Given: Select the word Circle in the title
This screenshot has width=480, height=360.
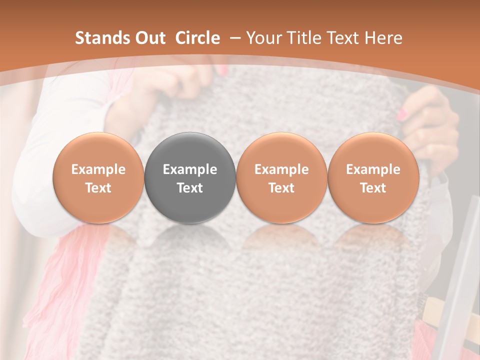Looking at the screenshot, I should pos(197,38).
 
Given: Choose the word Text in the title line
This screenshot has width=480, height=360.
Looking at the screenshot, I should pos(343,38).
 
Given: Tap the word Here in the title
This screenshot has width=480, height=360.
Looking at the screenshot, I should pos(383,38).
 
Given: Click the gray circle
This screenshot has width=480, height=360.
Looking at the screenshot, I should pos(190,177).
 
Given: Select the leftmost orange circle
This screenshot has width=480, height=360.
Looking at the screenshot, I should pos(98,177).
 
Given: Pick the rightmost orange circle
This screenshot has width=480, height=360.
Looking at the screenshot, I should pos(373,177).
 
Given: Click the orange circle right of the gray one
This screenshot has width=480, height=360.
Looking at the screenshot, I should pos(281,177).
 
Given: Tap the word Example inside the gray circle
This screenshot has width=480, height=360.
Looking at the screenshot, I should pos(190,169).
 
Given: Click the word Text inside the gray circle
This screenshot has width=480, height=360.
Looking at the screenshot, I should pos(190,187).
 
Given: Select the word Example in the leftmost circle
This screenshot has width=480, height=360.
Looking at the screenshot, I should pos(98,169).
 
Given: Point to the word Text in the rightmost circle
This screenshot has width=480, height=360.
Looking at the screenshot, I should pos(373,187).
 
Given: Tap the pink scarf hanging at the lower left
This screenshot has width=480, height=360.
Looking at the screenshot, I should pos(50,280).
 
